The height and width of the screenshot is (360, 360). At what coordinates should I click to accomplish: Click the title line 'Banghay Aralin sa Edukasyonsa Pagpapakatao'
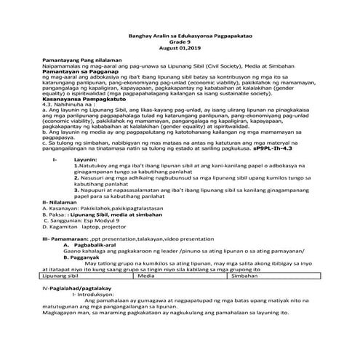pos(179,35)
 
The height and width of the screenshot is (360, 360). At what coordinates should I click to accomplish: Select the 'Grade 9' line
pos(179,41)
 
